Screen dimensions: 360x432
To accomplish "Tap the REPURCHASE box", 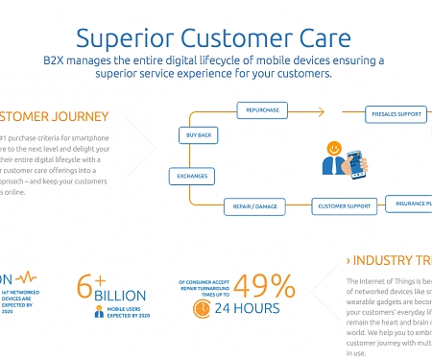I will point(262,110).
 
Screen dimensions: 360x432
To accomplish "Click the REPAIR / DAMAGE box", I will point(252,204).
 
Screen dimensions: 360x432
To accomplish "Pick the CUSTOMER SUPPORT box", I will point(345,205).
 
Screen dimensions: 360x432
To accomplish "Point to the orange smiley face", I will point(333,150).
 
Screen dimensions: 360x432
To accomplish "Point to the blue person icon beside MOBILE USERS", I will point(99,311).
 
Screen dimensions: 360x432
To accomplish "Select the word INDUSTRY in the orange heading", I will point(382,261).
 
